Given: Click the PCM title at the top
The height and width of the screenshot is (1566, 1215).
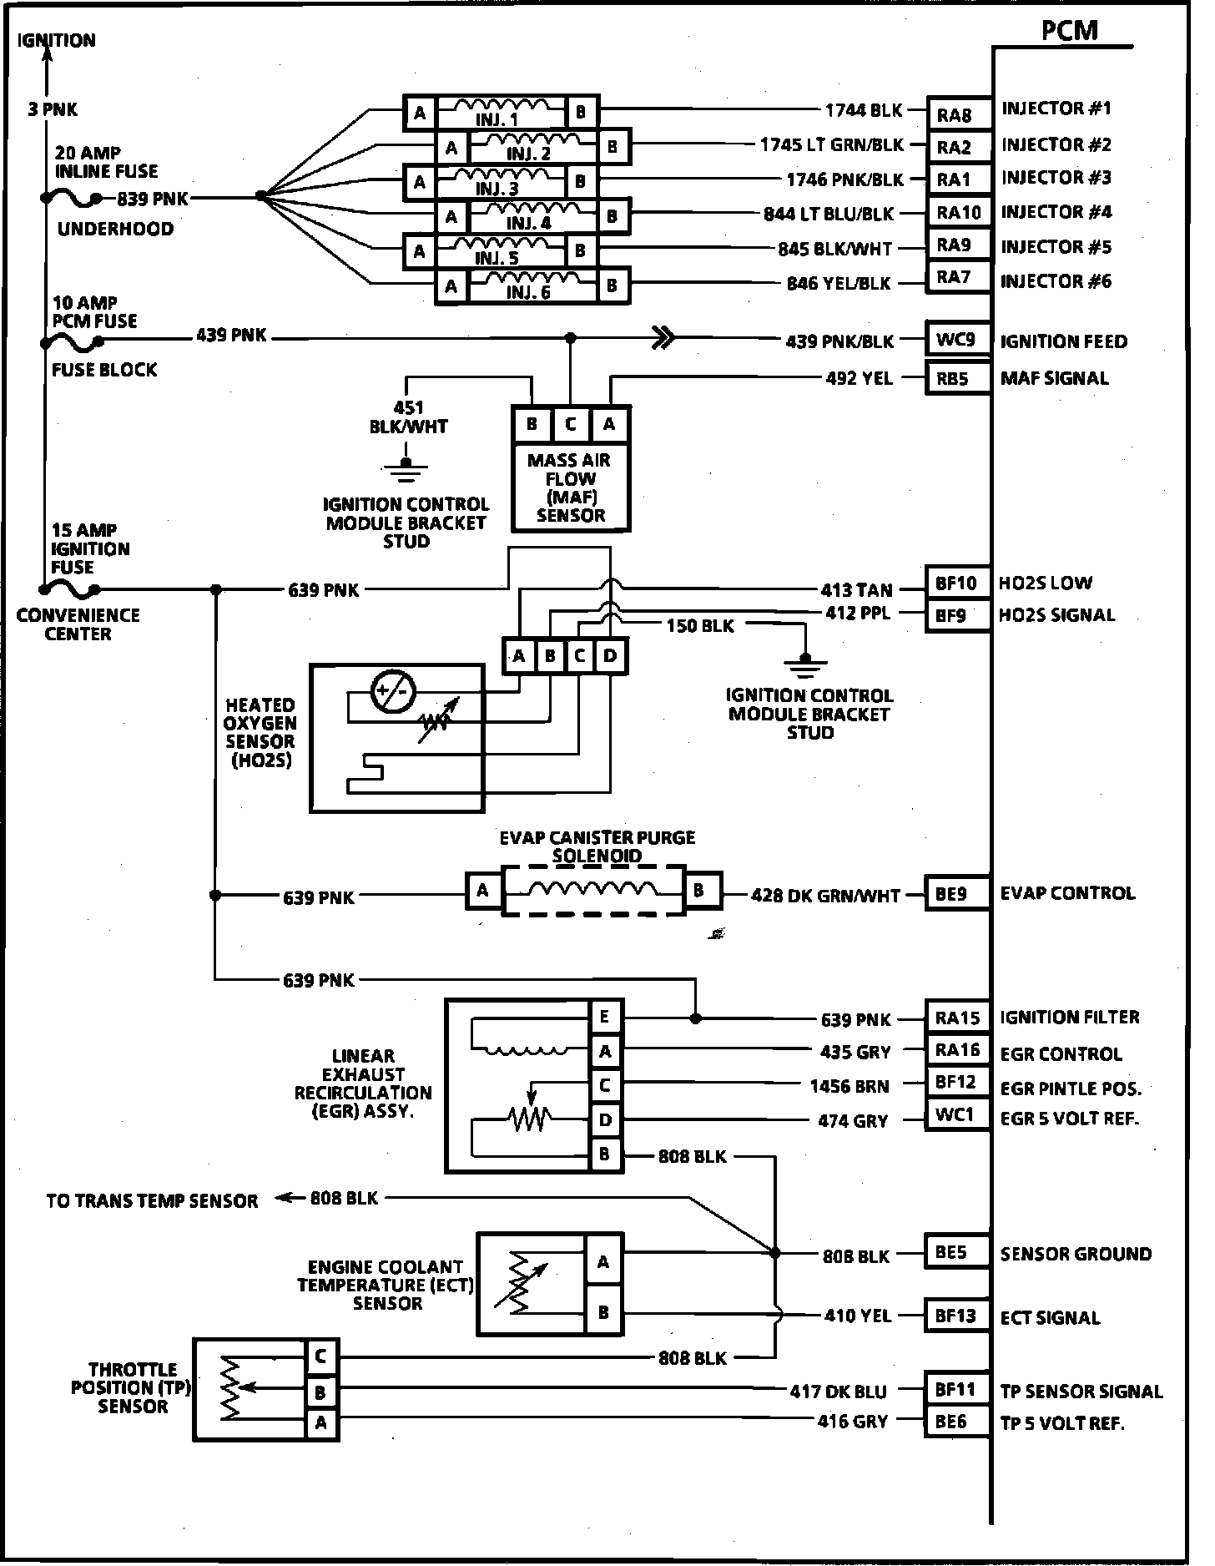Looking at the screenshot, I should tap(1069, 31).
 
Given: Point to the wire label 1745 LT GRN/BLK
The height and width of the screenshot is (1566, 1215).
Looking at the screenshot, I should tap(831, 145).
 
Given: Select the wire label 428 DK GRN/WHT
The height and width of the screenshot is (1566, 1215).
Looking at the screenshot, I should tap(825, 896).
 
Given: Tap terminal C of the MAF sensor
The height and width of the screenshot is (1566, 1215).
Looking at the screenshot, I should tap(571, 425).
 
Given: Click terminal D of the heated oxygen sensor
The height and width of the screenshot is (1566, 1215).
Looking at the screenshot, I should tap(610, 656).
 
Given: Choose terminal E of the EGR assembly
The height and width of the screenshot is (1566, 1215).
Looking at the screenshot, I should tap(605, 1017).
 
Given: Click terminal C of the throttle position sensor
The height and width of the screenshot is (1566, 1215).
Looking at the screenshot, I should tap(320, 1357).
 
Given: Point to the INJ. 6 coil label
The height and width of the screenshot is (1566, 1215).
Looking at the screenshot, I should tap(527, 293).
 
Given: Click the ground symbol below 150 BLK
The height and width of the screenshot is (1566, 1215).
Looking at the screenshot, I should tap(804, 665).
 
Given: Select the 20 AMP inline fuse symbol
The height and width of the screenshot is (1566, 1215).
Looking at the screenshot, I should tap(72, 199).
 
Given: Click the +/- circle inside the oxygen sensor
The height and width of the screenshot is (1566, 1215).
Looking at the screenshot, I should tap(393, 691).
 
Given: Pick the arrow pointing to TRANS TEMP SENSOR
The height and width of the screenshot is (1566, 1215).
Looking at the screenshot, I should tap(286, 1199).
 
